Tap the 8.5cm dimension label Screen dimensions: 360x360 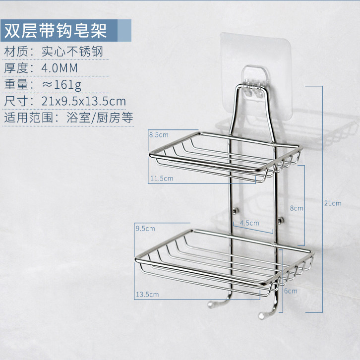pos(158,134)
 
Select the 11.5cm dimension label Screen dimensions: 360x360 pos(163,178)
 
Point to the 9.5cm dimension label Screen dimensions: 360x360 pos(145,229)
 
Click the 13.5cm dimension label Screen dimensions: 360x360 pos(147,295)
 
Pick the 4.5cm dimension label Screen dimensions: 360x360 pos(249,223)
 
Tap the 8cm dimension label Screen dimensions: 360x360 pos(296,209)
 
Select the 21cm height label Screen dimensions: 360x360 pos(333,203)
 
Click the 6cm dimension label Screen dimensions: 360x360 pos(291,291)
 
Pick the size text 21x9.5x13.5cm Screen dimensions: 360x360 pos(84,101)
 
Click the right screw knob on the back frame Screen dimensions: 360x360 pos(281,220)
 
